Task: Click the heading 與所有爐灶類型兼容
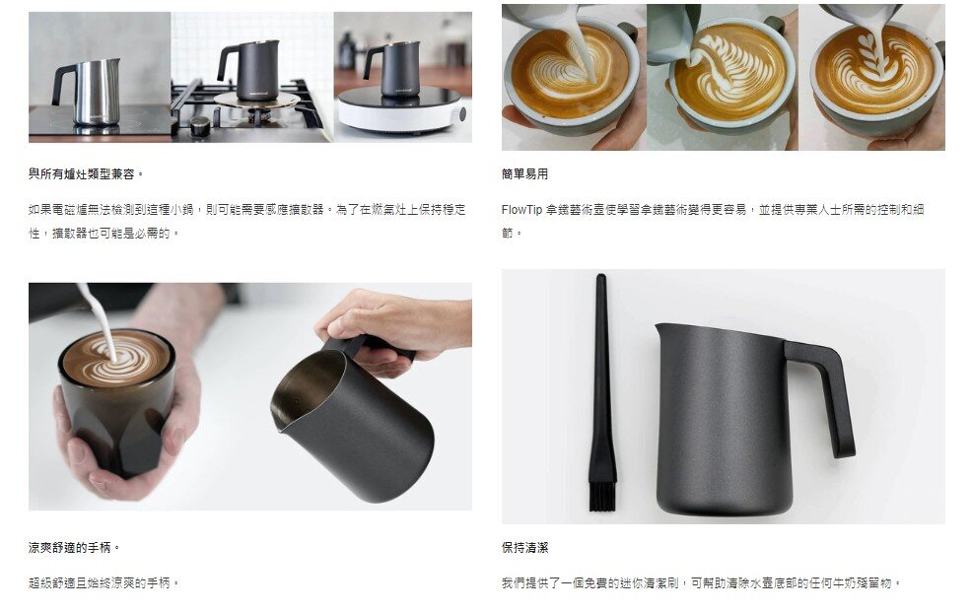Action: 86,174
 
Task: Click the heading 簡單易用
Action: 524,174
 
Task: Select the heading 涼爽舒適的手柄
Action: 75,547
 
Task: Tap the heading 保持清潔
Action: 524,547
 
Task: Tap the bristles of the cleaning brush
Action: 602,493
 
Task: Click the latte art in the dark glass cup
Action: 115,357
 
